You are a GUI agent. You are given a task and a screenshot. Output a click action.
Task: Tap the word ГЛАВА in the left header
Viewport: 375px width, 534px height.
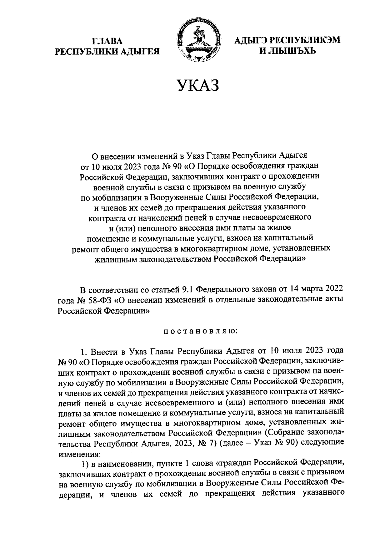(107, 41)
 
